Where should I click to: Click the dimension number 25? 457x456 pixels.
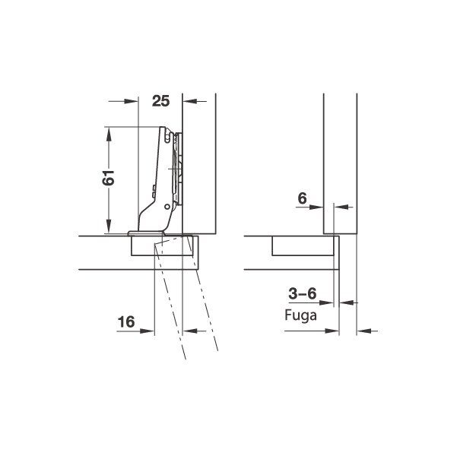click(x=160, y=101)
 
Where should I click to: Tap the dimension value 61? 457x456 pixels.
click(x=108, y=177)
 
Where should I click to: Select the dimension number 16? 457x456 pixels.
click(x=126, y=322)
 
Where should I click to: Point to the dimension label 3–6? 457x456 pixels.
click(x=302, y=293)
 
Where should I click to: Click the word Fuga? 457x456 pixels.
click(x=300, y=315)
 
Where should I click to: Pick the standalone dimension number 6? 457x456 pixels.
click(x=302, y=198)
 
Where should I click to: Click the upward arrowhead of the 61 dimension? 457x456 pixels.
click(x=109, y=135)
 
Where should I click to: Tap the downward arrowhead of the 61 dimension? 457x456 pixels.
click(x=109, y=226)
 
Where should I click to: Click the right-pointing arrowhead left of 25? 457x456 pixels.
click(x=131, y=101)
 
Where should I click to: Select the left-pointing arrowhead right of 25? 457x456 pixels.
click(x=190, y=101)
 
